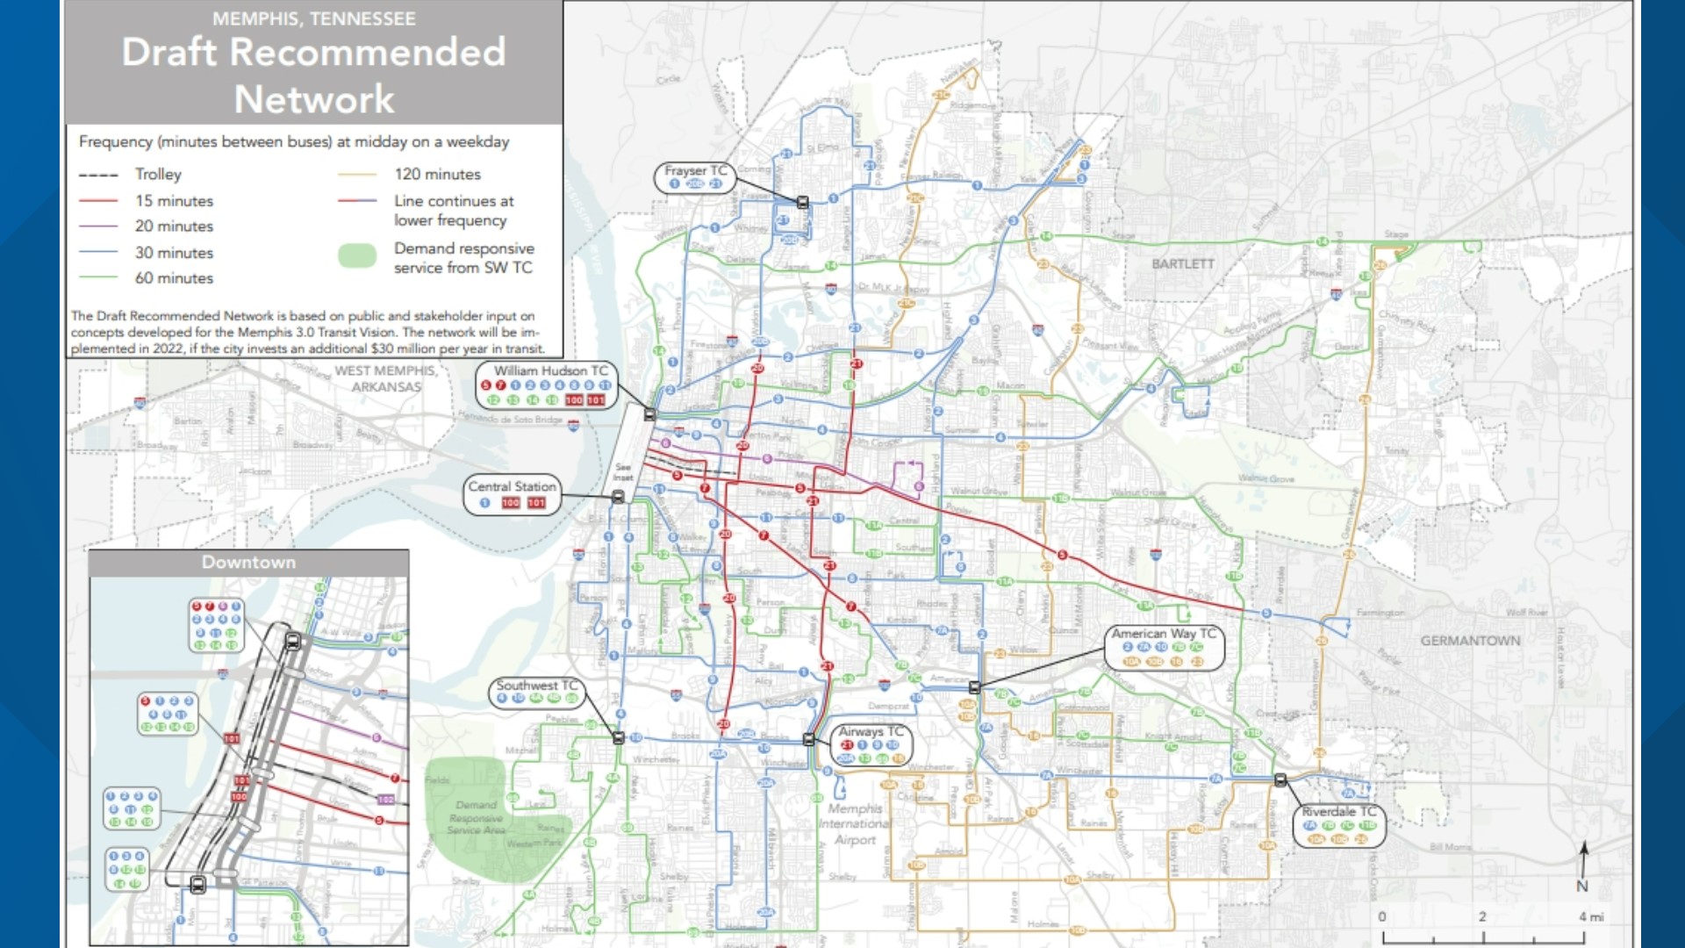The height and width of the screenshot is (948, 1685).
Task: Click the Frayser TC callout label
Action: pyautogui.click(x=695, y=170)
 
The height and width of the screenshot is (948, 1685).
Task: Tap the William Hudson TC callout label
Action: pyautogui.click(x=550, y=371)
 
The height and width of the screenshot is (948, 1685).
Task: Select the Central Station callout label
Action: pyautogui.click(x=512, y=486)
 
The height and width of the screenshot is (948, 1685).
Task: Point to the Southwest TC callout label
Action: pyautogui.click(x=537, y=685)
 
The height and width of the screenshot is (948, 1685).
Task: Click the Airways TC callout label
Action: pyautogui.click(x=871, y=731)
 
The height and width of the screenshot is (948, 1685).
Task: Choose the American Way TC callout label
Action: pyautogui.click(x=1164, y=633)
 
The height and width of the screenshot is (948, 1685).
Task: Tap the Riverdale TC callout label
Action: pyautogui.click(x=1338, y=811)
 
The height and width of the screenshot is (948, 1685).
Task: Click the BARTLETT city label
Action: pyautogui.click(x=1183, y=263)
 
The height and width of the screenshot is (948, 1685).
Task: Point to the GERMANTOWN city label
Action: pyautogui.click(x=1470, y=641)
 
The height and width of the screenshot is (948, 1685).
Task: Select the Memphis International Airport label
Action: pyautogui.click(x=855, y=823)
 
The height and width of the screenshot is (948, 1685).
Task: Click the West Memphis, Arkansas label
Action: pyautogui.click(x=386, y=378)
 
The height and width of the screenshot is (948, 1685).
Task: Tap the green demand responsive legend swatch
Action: pyautogui.click(x=357, y=255)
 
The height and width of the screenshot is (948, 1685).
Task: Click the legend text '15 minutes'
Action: pyautogui.click(x=174, y=201)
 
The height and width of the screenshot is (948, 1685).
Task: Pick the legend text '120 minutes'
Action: pyautogui.click(x=437, y=175)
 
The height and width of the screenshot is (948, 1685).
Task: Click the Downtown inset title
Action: pyautogui.click(x=248, y=563)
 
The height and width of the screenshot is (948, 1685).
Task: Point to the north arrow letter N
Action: pyautogui.click(x=1582, y=887)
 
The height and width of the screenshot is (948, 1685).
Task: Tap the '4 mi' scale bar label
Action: pyautogui.click(x=1591, y=916)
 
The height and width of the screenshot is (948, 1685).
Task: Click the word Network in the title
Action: pyautogui.click(x=314, y=99)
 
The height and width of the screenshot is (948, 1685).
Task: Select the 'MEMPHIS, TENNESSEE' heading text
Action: pyautogui.click(x=314, y=18)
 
